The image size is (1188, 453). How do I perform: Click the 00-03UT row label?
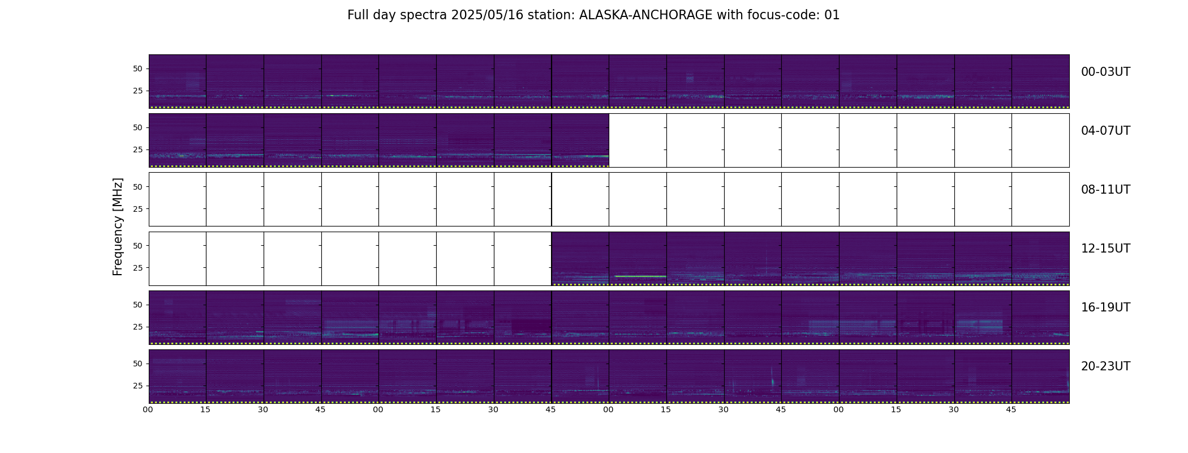click(x=1105, y=72)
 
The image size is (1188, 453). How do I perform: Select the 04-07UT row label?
click(x=1105, y=131)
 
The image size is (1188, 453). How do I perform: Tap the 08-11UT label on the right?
click(x=1105, y=190)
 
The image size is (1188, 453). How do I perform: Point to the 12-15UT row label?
click(x=1105, y=249)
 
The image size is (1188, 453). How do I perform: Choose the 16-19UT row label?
click(x=1105, y=307)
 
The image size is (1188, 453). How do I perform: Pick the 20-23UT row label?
click(x=1105, y=366)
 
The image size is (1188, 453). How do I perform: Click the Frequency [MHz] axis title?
click(x=118, y=226)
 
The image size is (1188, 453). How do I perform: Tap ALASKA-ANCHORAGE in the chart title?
click(x=645, y=15)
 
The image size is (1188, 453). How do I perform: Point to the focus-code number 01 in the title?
click(x=832, y=15)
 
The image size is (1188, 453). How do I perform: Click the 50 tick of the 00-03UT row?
click(x=137, y=69)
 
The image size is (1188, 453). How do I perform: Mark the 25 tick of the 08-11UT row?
click(x=137, y=209)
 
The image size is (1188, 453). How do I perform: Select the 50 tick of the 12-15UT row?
click(x=137, y=246)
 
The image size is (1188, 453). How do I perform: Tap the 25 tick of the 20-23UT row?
click(x=137, y=386)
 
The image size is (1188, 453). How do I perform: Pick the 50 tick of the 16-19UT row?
click(x=137, y=305)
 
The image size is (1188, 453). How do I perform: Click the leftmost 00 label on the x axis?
click(x=148, y=409)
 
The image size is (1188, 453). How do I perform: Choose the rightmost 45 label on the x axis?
click(x=1011, y=409)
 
